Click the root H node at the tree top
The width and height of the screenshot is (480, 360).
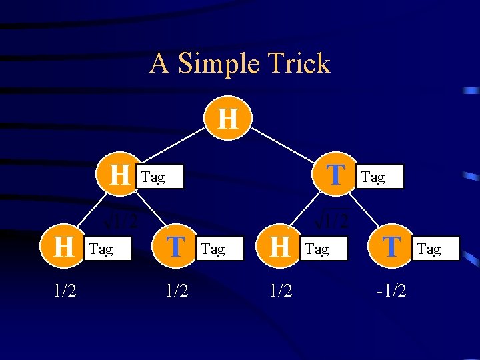point(228,119)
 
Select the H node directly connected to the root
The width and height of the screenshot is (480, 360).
point(120,176)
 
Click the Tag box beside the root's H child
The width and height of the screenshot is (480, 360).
point(159,177)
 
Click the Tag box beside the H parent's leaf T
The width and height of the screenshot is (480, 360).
point(219,249)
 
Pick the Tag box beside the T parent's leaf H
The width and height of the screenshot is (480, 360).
point(323,249)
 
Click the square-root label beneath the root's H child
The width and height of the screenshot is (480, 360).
point(121,218)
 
